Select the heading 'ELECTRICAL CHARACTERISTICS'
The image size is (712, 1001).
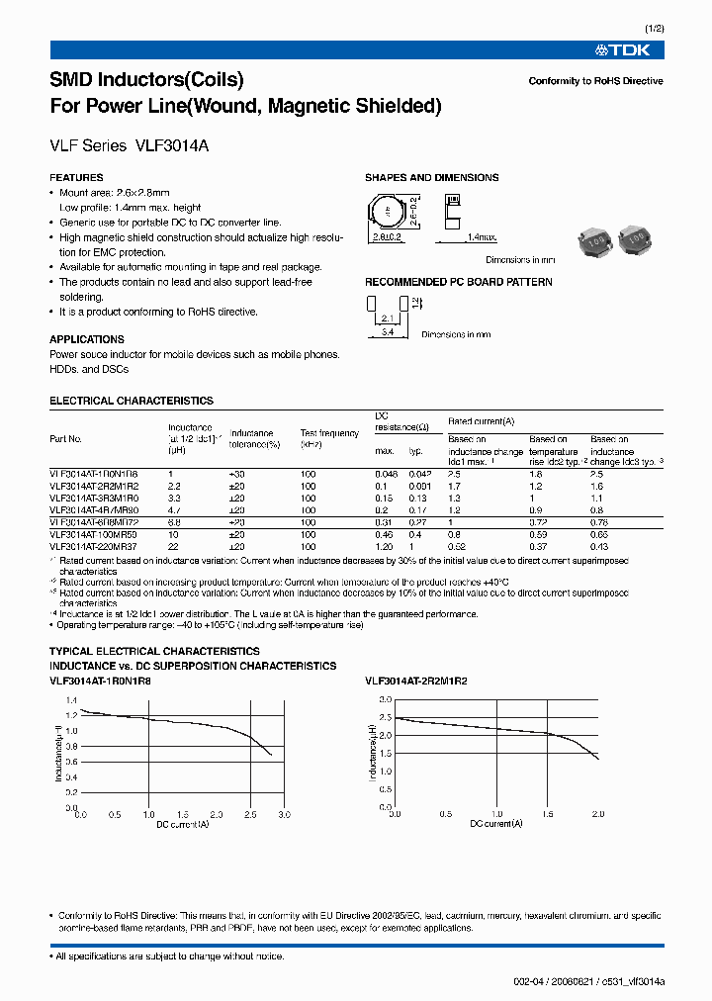[132, 401]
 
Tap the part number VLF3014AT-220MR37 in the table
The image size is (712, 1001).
[94, 547]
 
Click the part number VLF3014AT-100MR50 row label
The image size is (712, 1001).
[94, 534]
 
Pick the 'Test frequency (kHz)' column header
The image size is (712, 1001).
[329, 439]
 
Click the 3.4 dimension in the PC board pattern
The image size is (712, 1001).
[390, 334]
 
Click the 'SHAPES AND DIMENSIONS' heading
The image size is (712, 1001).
[431, 178]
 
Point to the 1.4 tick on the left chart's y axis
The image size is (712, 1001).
[69, 699]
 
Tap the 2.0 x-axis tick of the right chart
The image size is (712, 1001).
[597, 812]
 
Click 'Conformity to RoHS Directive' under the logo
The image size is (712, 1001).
[595, 81]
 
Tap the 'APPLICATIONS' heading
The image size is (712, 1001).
[87, 339]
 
